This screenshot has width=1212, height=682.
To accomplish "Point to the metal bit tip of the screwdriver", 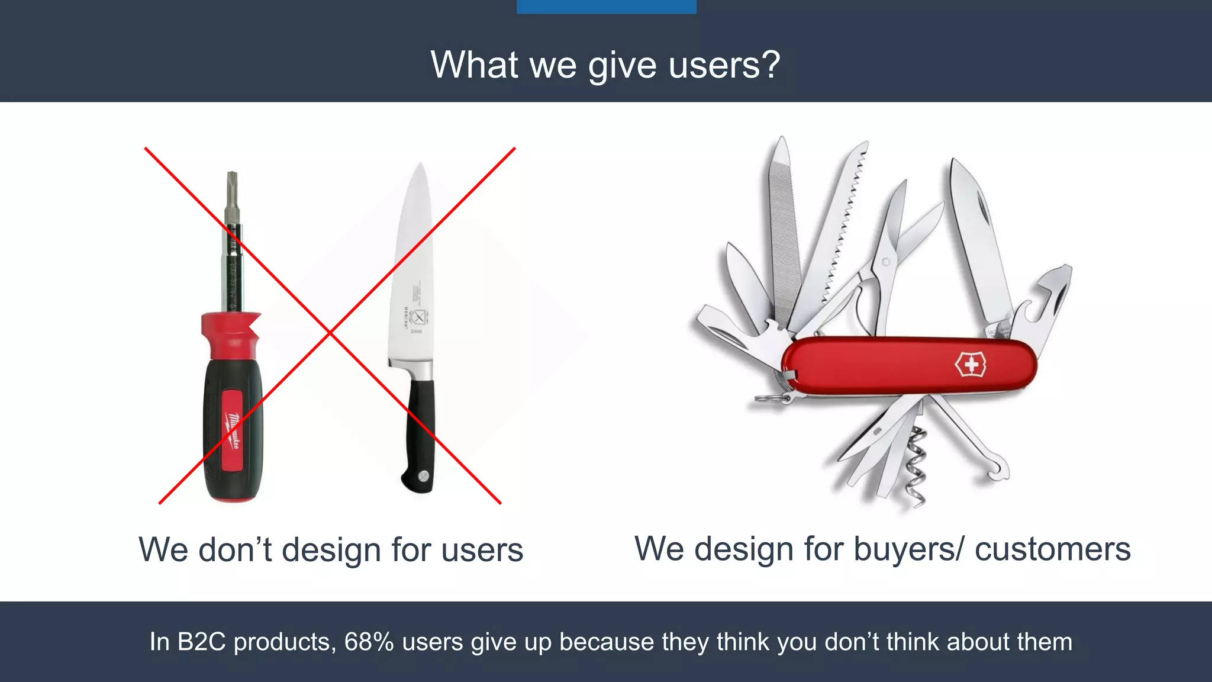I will pos(232,184).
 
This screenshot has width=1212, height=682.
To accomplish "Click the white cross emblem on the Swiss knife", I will pos(971,365).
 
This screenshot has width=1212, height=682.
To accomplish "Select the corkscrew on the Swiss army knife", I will pos(916,468).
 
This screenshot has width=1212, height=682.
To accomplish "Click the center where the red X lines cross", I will pos(330,333).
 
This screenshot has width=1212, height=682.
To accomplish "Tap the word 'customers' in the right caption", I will pos(1052,549).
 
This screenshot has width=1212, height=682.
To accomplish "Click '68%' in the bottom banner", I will pos(369,642).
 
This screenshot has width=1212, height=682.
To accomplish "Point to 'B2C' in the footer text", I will pos(201,642).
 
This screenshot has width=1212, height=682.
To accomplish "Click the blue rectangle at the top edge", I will pos(606,7).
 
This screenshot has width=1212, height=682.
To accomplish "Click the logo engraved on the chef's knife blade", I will pos(418,317).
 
